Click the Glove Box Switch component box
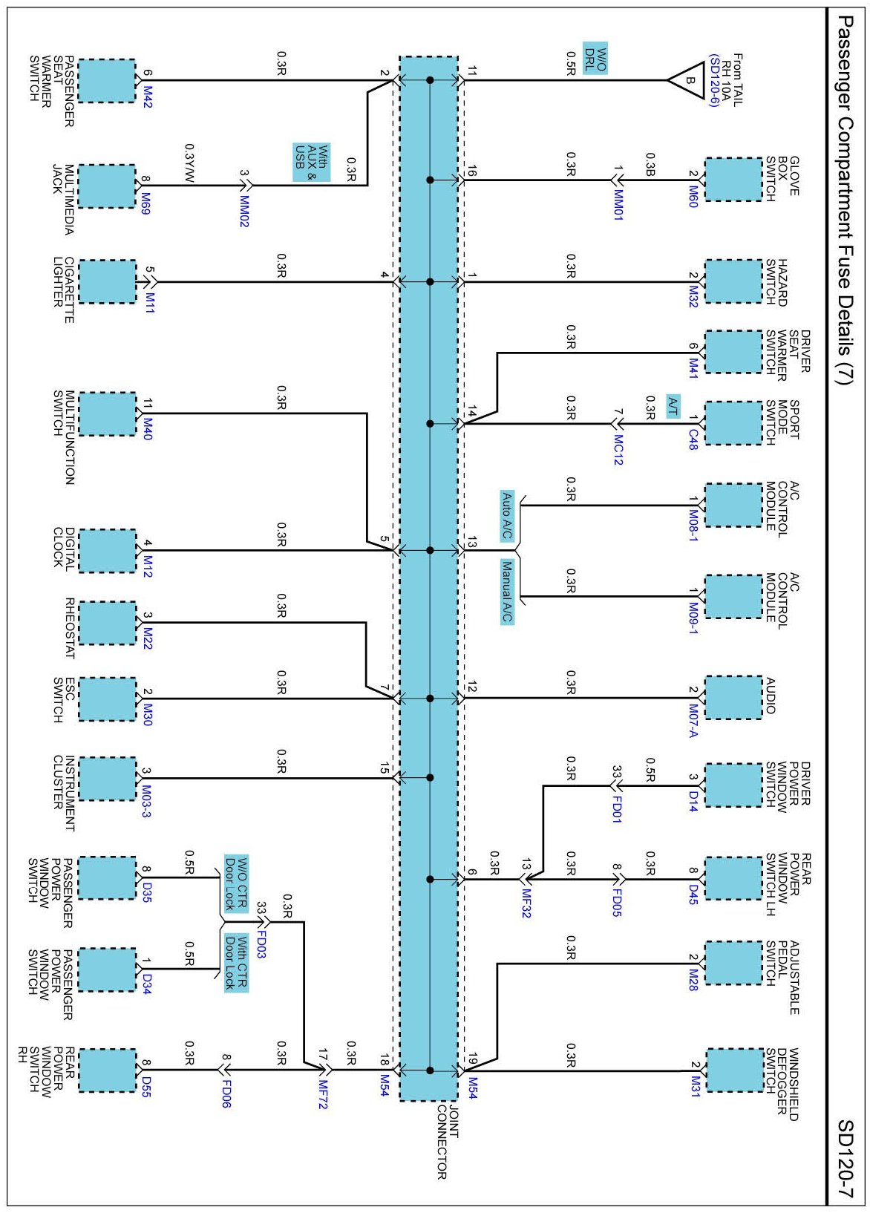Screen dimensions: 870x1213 click(733, 180)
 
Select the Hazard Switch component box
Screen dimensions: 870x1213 click(733, 281)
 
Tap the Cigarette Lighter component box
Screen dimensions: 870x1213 click(107, 281)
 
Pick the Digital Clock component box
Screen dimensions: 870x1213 click(107, 551)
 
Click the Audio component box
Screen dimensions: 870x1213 click(733, 698)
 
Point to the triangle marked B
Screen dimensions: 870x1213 click(687, 80)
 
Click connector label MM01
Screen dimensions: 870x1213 click(618, 204)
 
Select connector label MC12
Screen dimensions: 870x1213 click(618, 449)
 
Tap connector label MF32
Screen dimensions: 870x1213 click(526, 903)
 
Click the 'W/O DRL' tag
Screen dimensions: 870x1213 click(595, 57)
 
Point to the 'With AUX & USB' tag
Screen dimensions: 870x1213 click(311, 163)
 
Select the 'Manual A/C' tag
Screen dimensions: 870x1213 click(507, 592)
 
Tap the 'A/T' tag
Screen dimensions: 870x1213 click(673, 405)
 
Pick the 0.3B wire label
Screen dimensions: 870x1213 click(650, 164)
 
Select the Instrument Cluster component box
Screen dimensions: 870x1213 click(107, 779)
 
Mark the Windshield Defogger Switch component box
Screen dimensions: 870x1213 click(733, 1070)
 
